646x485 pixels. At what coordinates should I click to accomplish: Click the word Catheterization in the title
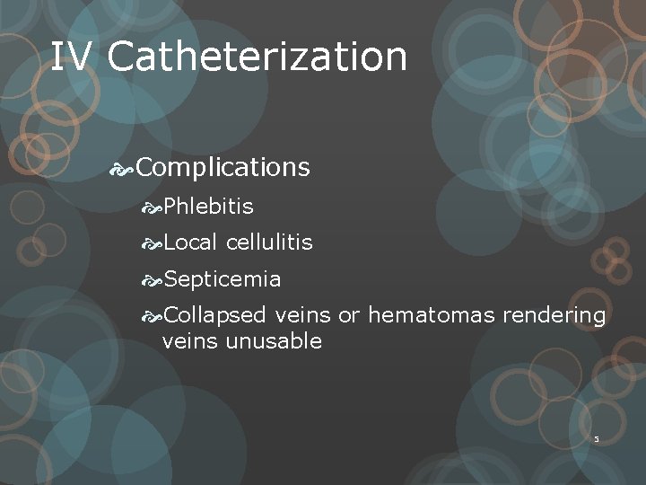258,57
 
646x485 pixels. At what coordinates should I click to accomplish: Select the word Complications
224,168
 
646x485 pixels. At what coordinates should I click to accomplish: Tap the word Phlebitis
209,207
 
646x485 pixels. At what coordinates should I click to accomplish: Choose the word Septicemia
223,279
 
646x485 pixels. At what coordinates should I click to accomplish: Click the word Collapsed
215,315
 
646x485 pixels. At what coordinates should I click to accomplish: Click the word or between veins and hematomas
348,316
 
